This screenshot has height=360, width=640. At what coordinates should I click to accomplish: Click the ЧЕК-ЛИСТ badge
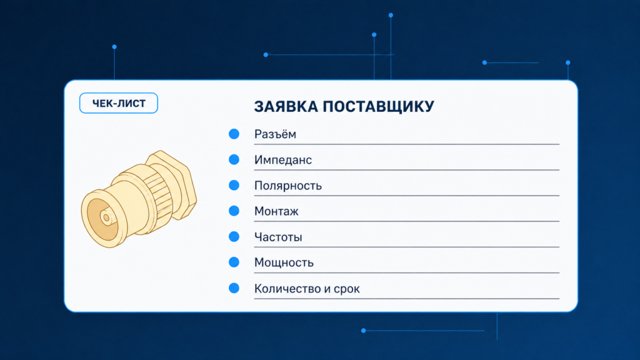[118, 103]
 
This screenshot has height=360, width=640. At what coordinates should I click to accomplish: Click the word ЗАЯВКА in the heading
[286, 106]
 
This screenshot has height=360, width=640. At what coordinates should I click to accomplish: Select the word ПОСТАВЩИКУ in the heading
[378, 107]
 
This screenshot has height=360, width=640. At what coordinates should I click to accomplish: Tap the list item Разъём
[275, 134]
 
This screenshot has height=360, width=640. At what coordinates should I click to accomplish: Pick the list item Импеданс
[283, 160]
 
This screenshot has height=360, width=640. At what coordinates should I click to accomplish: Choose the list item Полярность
[287, 186]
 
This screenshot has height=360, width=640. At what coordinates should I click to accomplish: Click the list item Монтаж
[276, 211]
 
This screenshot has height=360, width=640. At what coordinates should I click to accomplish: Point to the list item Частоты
[278, 237]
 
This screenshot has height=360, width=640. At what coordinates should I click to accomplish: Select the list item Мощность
[284, 262]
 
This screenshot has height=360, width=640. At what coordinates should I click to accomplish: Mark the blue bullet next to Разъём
[234, 134]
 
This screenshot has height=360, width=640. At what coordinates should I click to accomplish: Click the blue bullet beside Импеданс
[234, 159]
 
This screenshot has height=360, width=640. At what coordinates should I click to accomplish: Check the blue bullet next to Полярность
[234, 185]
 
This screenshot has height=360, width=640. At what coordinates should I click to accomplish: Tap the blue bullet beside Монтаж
[234, 211]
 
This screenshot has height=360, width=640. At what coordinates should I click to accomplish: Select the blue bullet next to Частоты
[234, 237]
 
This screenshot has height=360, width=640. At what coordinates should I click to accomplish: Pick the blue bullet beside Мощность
[234, 262]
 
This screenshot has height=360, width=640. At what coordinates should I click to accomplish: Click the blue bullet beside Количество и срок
[234, 288]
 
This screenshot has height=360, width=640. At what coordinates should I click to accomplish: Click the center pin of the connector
[106, 217]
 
